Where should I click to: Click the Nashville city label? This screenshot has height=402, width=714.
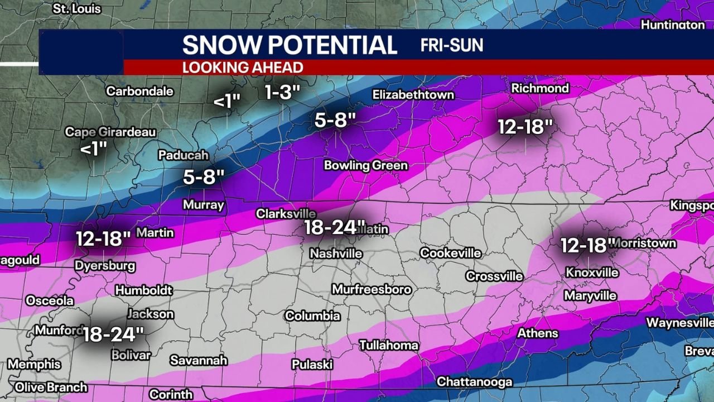[336, 253]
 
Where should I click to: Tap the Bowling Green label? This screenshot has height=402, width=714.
[365, 165]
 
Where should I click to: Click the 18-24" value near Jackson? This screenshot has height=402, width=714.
[113, 334]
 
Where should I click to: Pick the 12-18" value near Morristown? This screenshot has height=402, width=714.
[587, 245]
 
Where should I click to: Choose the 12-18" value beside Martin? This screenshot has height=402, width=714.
[103, 239]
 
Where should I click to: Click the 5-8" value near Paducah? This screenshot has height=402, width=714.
[204, 178]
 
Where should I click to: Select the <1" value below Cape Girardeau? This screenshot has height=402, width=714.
[93, 149]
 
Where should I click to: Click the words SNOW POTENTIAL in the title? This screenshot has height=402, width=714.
[290, 45]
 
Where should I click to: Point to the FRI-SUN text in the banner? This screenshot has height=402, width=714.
[452, 45]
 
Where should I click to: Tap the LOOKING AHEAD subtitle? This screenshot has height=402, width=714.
[242, 68]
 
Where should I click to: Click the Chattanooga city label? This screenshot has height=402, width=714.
[474, 382]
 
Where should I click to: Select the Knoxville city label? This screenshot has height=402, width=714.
[592, 272]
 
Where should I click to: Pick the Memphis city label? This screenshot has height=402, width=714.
[34, 365]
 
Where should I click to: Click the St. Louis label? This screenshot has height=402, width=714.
[76, 9]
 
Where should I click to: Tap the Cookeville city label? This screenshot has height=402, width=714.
[450, 253]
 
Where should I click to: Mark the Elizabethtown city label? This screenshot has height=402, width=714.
[413, 94]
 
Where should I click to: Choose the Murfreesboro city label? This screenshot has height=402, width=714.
[372, 289]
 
